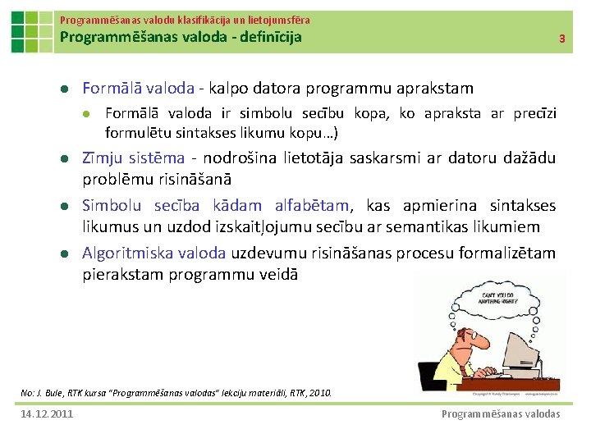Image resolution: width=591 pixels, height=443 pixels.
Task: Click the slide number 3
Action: (x=561, y=39)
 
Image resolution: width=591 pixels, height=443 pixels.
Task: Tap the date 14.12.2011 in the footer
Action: (x=47, y=413)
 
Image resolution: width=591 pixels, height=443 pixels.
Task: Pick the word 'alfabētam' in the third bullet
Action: (x=307, y=206)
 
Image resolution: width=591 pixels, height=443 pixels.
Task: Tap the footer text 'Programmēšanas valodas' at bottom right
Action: (x=501, y=413)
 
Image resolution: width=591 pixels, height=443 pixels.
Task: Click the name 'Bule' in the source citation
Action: (x=55, y=393)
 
